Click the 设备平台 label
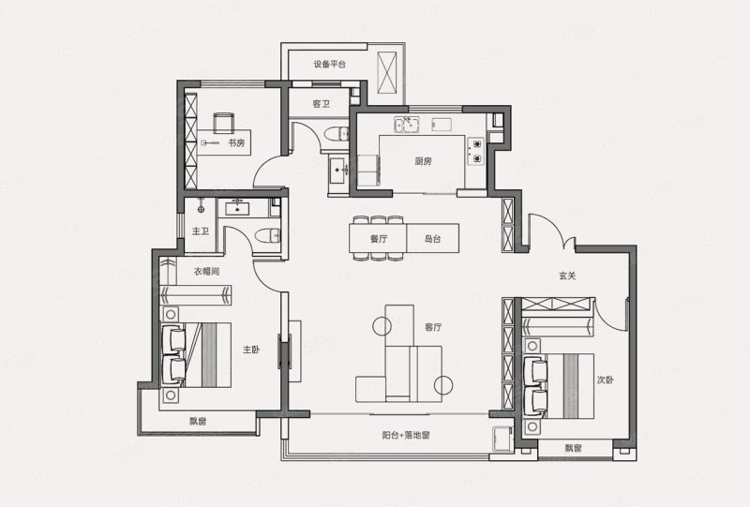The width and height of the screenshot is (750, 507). [330, 64]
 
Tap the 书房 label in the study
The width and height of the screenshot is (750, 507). [236, 142]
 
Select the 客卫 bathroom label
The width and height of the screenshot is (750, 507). [322, 103]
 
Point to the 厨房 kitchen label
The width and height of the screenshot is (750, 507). [424, 161]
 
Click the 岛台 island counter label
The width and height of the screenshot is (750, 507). [432, 239]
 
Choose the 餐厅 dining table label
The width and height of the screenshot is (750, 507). [379, 239]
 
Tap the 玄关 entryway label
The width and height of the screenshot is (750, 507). [567, 276]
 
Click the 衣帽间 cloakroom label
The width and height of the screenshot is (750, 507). [206, 271]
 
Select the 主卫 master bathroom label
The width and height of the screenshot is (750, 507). [201, 231]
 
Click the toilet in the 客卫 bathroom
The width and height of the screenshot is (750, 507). [337, 134]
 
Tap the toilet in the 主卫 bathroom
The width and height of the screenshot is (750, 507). [267, 235]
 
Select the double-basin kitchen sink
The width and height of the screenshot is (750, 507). [407, 125]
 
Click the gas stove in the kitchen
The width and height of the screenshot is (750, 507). [476, 151]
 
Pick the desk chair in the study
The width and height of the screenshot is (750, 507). [224, 123]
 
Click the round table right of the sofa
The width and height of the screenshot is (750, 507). [443, 384]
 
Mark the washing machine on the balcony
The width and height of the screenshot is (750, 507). [502, 439]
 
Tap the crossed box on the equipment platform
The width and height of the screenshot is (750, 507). [387, 73]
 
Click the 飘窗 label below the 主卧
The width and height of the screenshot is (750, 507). [198, 422]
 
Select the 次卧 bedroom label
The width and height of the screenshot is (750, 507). [605, 380]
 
